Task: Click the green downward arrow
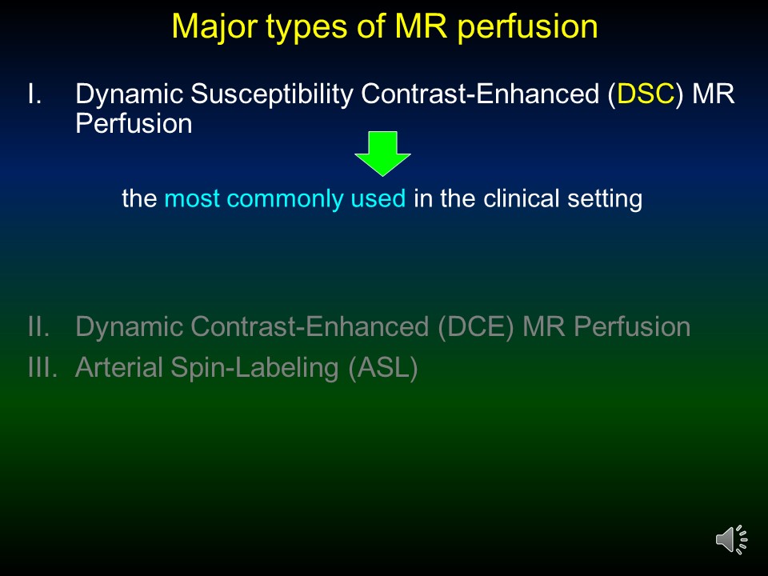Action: [382, 154]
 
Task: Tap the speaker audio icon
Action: [731, 540]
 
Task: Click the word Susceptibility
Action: [272, 94]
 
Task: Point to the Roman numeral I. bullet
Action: [34, 94]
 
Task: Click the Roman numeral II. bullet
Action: [38, 326]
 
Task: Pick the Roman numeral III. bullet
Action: [42, 367]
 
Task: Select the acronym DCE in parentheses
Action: [475, 326]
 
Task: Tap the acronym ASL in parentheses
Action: [383, 368]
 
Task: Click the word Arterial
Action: [119, 367]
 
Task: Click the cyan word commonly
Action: [285, 199]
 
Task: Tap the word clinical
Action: [521, 198]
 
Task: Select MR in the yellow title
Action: [421, 26]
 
